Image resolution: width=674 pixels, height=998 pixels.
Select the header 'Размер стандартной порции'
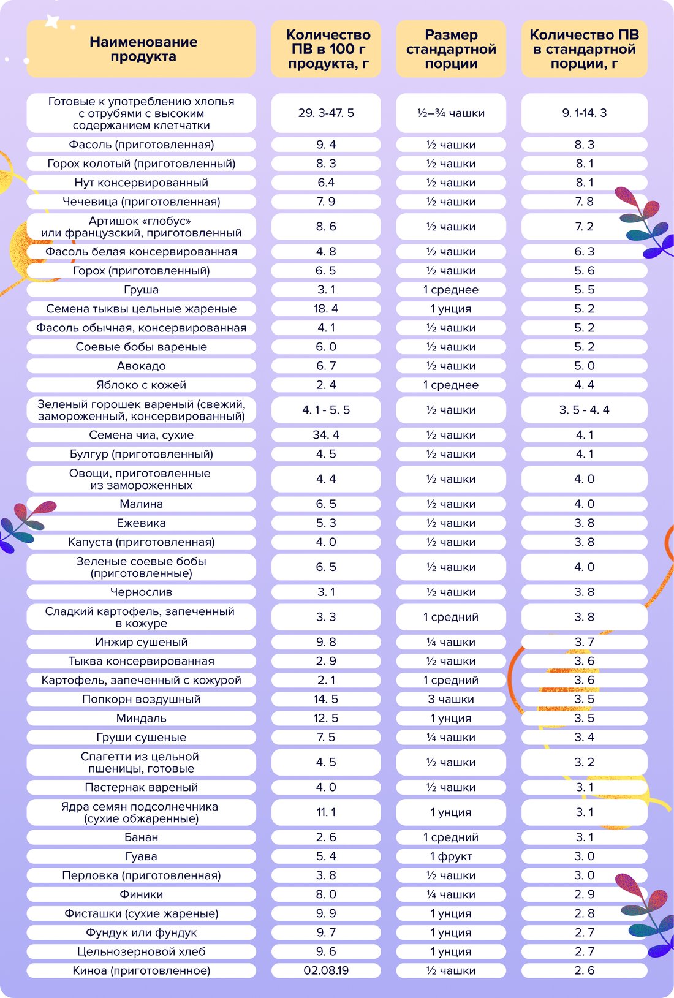point(451,49)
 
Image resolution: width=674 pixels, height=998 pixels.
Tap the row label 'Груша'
point(141,290)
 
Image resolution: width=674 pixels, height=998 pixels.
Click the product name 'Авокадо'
point(141,366)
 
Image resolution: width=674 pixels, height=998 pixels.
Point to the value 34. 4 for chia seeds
point(326,435)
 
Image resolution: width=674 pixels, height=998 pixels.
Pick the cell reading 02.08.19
point(326,970)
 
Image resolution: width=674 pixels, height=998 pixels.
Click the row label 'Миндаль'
point(141,718)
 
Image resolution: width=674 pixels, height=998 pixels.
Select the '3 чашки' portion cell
point(451,699)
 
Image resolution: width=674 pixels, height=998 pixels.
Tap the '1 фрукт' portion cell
point(451,856)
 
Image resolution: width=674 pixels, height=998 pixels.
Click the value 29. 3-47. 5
point(326,113)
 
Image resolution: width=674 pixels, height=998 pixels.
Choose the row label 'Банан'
point(141,837)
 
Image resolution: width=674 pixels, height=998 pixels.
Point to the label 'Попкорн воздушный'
point(141,699)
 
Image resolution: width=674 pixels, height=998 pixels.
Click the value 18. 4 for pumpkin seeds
point(326,309)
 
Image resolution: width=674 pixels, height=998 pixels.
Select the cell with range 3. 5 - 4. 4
point(584,410)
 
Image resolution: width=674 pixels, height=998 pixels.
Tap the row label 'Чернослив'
point(141,592)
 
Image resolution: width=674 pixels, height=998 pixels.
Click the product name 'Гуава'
point(141,856)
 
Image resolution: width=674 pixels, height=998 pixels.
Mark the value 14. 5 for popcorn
point(326,699)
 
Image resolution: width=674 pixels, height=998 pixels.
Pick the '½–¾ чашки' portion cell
point(451,113)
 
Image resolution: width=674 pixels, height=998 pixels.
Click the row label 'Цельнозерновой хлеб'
point(141,951)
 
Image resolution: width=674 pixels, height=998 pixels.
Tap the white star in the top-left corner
point(53,21)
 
